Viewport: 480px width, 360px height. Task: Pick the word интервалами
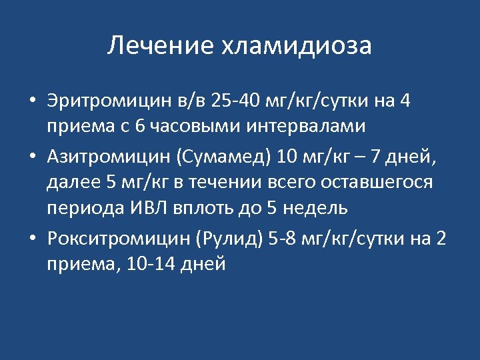287,125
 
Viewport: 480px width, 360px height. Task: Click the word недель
316,207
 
